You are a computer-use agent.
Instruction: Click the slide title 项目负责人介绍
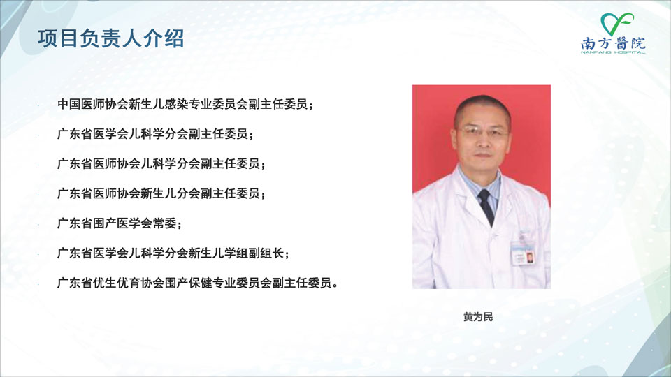click(x=111, y=38)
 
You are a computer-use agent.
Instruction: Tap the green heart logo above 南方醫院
click(x=616, y=24)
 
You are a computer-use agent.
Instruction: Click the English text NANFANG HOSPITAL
click(x=613, y=52)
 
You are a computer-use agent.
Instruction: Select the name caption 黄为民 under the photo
click(x=478, y=317)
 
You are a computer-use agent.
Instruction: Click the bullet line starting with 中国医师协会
click(x=185, y=104)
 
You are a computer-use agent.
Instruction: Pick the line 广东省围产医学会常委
click(x=119, y=223)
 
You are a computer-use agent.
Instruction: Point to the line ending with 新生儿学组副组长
click(x=173, y=253)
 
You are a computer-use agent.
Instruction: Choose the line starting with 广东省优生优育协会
click(x=197, y=283)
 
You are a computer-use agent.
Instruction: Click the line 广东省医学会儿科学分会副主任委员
click(x=155, y=134)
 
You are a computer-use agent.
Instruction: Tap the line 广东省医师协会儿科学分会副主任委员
click(x=161, y=163)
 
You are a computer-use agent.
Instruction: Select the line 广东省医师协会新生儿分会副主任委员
click(x=161, y=193)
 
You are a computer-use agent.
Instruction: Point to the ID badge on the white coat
click(x=524, y=253)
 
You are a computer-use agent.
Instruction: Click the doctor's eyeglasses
click(x=483, y=131)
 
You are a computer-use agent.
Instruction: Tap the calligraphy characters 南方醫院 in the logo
click(x=613, y=43)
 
